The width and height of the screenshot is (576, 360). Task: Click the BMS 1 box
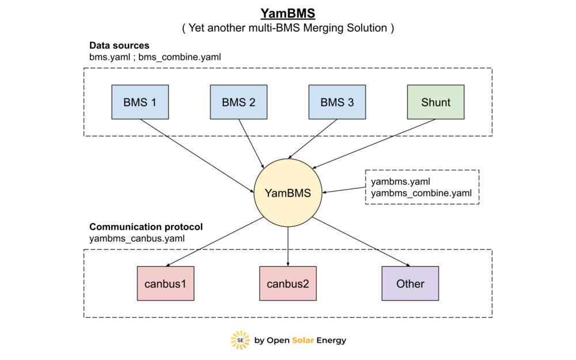(x=140, y=103)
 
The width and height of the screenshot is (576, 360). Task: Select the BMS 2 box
(x=238, y=103)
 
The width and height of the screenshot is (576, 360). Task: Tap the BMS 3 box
(x=337, y=103)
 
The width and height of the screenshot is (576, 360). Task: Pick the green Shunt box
(x=435, y=103)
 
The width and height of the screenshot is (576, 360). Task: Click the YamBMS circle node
(x=288, y=193)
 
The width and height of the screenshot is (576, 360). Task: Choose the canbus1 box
(x=166, y=283)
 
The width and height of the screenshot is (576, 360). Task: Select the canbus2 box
(x=288, y=283)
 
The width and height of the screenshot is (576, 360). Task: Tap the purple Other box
(x=410, y=283)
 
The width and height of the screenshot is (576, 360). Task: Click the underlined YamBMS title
(x=288, y=13)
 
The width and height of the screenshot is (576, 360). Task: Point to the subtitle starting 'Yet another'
(x=288, y=28)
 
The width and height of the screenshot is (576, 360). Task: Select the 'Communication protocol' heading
(x=146, y=226)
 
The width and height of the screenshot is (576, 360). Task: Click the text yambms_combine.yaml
(x=422, y=194)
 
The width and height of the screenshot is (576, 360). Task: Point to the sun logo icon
(x=240, y=340)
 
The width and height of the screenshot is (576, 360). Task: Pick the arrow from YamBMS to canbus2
(x=288, y=247)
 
